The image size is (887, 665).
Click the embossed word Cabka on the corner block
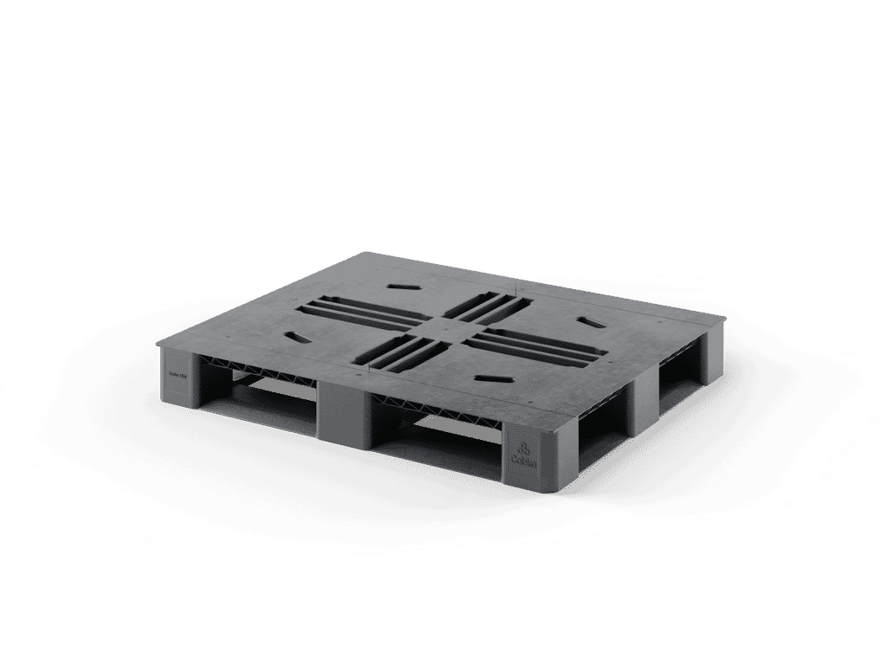(x=525, y=464)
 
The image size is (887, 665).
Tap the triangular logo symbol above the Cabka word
(x=525, y=448)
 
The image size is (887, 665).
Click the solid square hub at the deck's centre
(x=439, y=329)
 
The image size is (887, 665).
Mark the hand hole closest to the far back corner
(x=404, y=284)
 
